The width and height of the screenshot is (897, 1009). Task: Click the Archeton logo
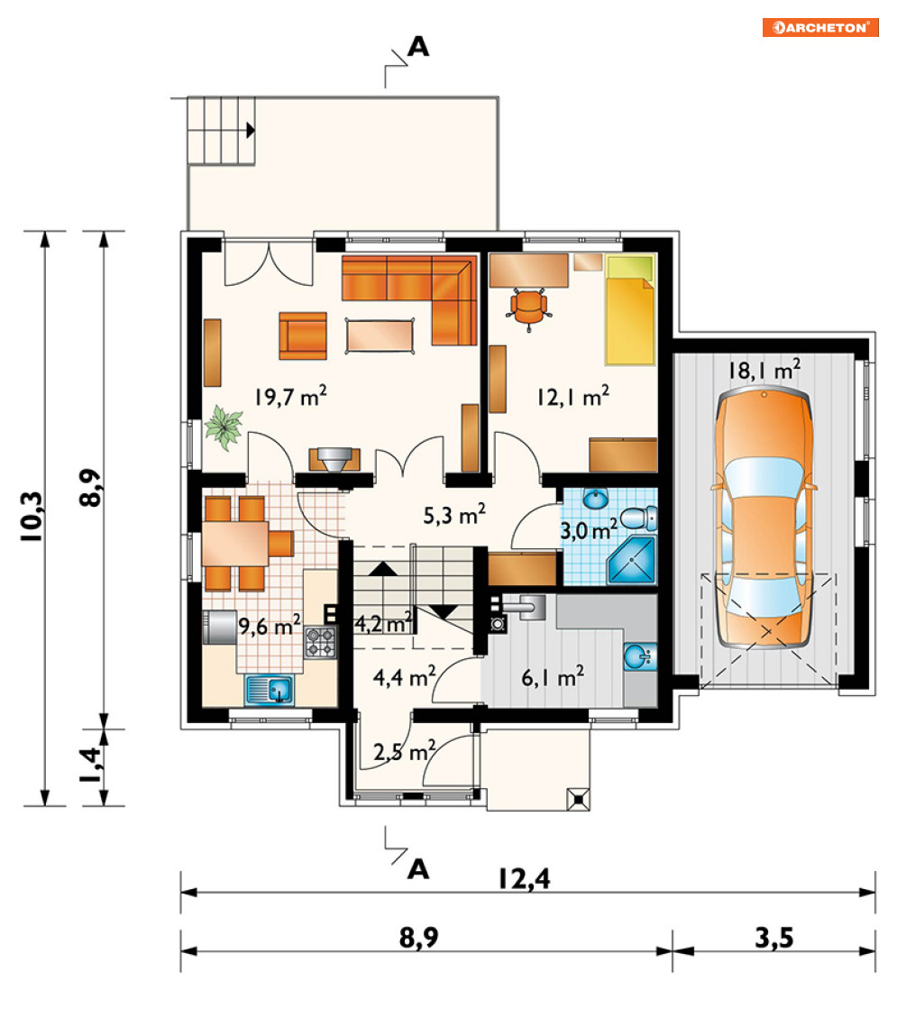[820, 27]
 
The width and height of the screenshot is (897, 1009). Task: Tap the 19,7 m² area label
[290, 396]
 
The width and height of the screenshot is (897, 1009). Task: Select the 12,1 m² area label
[572, 396]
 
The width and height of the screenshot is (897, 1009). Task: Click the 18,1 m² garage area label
[764, 370]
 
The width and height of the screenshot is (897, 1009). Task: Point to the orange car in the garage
[764, 518]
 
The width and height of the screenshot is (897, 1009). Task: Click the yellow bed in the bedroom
[630, 310]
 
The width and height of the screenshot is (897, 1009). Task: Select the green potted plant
[224, 427]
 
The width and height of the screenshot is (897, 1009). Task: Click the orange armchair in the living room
[303, 335]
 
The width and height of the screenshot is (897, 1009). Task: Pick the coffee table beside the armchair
[380, 335]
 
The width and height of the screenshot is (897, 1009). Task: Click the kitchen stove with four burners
[320, 642]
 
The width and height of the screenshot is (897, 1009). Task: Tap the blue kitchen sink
[269, 690]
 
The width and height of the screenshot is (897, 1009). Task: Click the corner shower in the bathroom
[631, 561]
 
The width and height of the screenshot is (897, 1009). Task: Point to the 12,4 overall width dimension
[525, 878]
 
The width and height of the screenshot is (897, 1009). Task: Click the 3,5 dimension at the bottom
[774, 938]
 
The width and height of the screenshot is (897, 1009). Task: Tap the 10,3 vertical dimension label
[32, 516]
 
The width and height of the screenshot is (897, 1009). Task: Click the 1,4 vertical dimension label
[90, 765]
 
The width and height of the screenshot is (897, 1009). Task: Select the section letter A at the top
[418, 46]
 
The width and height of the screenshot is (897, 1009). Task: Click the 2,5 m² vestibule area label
[404, 751]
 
